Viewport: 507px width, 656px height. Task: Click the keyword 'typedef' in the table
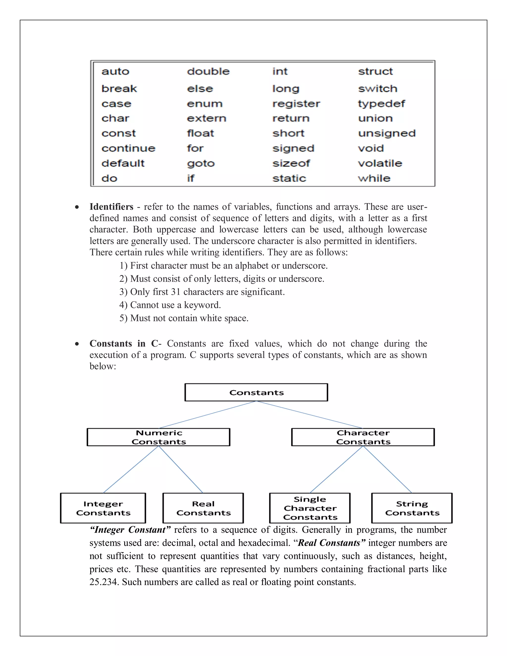[x=381, y=104]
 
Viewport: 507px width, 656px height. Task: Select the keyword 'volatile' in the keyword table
[x=380, y=163]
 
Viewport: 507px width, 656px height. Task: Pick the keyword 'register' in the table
[x=296, y=104]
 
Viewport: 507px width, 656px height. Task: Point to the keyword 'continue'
[x=128, y=148]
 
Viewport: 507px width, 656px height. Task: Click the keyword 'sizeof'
[x=291, y=163]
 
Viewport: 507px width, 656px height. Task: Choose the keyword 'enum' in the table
[x=204, y=104]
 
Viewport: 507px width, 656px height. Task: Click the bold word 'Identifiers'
[x=111, y=207]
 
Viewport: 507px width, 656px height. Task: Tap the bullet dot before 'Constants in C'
[x=77, y=344]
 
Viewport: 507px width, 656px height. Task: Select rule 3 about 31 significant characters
[x=202, y=292]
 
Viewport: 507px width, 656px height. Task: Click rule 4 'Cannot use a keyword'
[x=170, y=305]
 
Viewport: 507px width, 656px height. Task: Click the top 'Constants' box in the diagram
[x=256, y=393]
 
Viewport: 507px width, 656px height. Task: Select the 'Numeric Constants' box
[x=159, y=437]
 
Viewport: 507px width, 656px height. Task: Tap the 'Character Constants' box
[x=363, y=437]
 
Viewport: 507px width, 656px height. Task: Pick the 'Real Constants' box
[x=203, y=508]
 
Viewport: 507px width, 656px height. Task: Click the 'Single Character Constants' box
[x=310, y=508]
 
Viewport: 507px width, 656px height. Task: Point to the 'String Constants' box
[x=412, y=508]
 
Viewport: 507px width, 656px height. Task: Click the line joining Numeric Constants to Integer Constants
[x=131, y=469]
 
